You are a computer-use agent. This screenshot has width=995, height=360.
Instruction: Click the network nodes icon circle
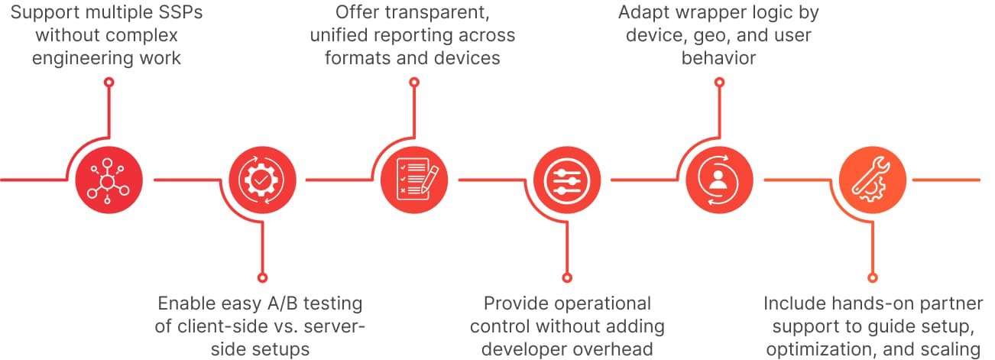tap(109, 180)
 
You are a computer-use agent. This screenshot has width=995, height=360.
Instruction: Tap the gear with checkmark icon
tap(261, 180)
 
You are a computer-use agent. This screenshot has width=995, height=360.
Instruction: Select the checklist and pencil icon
tap(413, 180)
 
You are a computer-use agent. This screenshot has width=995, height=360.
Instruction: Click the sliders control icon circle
tap(566, 180)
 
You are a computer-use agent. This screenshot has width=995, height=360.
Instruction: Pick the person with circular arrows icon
tap(718, 180)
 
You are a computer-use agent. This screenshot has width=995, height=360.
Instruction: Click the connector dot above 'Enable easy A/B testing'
tap(261, 277)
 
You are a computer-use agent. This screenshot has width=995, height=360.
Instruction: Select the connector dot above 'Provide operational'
tap(566, 277)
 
